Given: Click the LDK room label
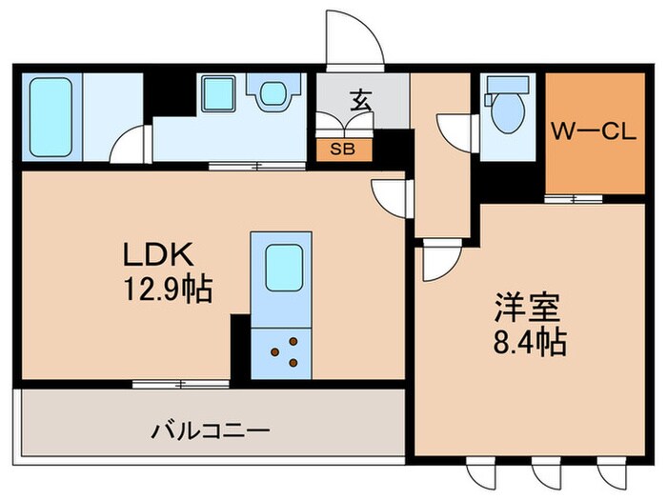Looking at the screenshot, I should tap(158, 254).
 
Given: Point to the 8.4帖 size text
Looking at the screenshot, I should tap(530, 342).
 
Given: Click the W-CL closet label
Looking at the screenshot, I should tap(593, 133).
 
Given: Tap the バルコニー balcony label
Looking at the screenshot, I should tap(202, 429).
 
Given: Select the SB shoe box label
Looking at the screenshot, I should tap(339, 149).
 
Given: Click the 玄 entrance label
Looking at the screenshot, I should tap(361, 100).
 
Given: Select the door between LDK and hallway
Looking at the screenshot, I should tap(391, 198).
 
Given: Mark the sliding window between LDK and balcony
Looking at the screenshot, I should tap(181, 384).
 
